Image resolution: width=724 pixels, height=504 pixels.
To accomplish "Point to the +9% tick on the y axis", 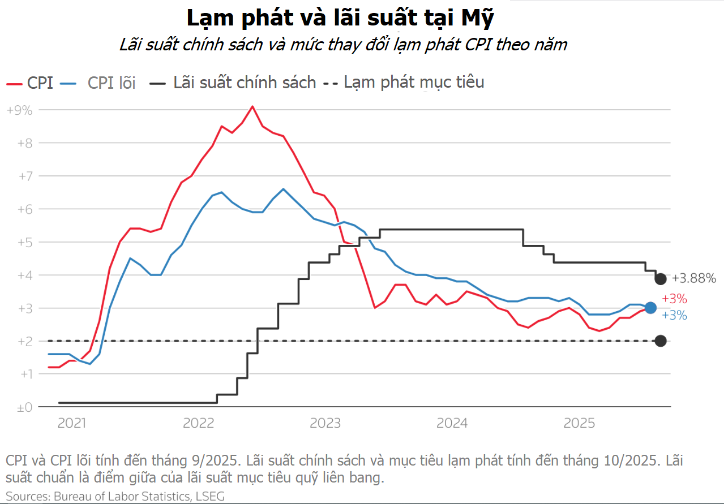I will coord(19,110).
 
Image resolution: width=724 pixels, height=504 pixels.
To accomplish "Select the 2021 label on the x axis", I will coord(72,424).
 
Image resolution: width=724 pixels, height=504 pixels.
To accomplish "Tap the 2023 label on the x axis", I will coord(325,424).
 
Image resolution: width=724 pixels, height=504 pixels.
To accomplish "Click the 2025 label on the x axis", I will coord(580,424).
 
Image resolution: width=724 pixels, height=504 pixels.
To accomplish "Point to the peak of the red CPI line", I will coord(252,106).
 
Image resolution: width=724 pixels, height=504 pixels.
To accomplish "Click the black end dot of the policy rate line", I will coord(661,278).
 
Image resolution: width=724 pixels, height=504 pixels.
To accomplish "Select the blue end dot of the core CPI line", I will coord(650,308).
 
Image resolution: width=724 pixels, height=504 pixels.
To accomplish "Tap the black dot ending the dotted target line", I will coord(661,341).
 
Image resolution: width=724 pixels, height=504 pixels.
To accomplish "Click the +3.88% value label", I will coord(693,278).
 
